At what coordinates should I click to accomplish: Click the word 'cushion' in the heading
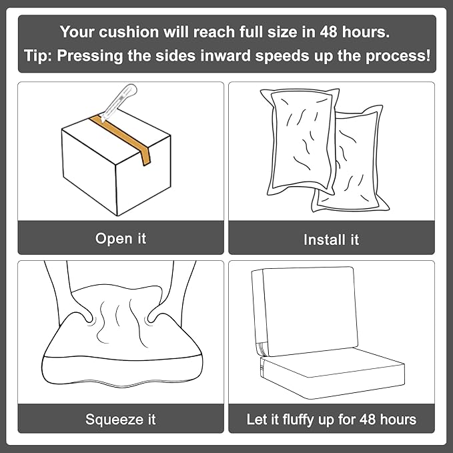pos(129,32)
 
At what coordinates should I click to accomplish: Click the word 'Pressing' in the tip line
pos(90,56)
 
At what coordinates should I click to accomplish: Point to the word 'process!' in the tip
pos(398,56)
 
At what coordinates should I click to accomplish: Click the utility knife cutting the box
pos(119,101)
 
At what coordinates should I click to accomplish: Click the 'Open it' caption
pos(121,239)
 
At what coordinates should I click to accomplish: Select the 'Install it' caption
pos(331,240)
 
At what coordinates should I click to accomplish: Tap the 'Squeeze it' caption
pos(121,420)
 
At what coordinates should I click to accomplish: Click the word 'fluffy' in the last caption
pos(298,420)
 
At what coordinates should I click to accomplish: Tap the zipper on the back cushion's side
pos(262,349)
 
